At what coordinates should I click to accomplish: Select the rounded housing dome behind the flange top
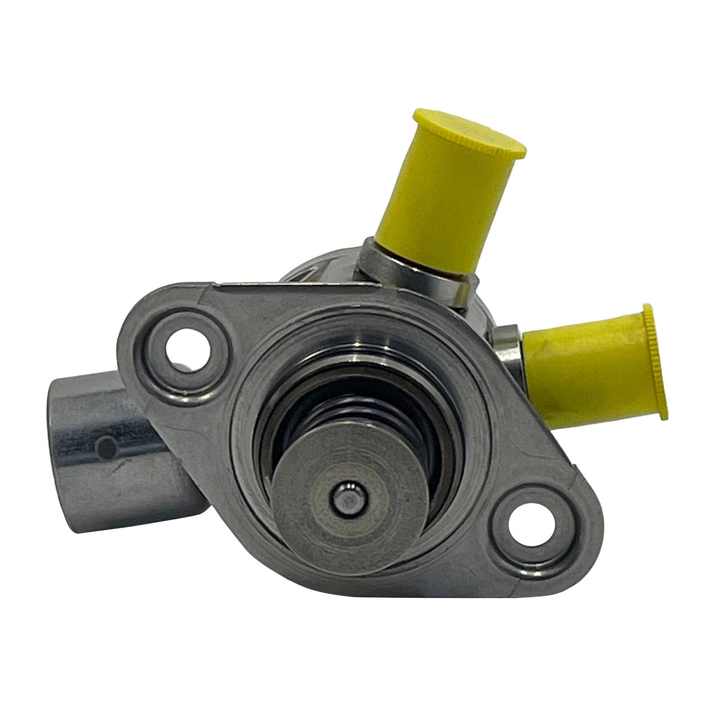315,270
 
